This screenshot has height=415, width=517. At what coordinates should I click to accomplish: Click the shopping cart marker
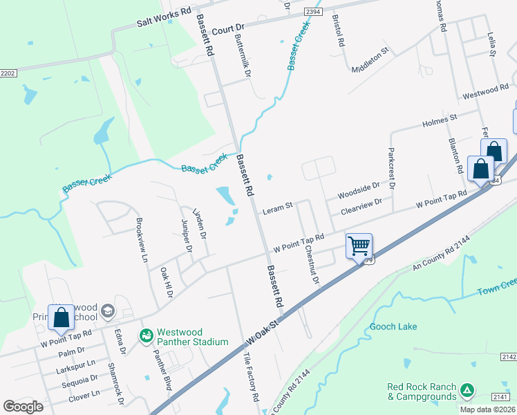359,246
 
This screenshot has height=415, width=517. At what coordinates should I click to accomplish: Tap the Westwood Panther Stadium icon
146,336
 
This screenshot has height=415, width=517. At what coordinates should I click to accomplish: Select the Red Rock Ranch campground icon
468,391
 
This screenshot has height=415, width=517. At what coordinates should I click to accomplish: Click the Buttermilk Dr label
243,55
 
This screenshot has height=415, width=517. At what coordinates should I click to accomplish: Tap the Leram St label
278,206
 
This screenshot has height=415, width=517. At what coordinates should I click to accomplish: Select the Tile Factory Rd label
250,376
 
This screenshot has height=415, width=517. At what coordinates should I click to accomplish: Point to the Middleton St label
371,60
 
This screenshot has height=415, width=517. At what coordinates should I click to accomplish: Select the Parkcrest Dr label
391,167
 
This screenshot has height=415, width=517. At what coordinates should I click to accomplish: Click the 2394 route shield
313,12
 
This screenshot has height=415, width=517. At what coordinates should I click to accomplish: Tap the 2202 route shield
8,73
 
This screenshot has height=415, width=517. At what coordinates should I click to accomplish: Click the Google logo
23,406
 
